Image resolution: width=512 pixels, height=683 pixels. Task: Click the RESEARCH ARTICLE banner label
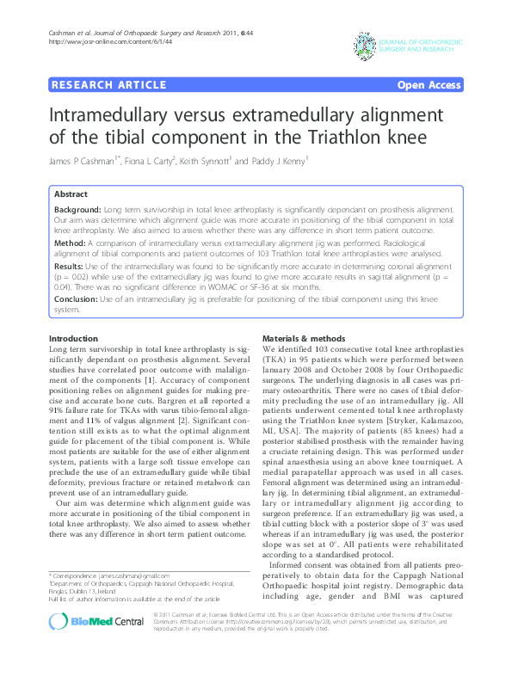pos(108,84)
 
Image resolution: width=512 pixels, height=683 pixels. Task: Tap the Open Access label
pos(429,84)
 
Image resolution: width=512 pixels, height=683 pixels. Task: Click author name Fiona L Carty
pos(152,161)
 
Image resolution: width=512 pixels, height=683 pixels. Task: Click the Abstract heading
pos(71,194)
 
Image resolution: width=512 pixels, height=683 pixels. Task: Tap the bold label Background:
pos(77,210)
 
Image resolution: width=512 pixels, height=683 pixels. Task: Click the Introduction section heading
pos(74,339)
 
